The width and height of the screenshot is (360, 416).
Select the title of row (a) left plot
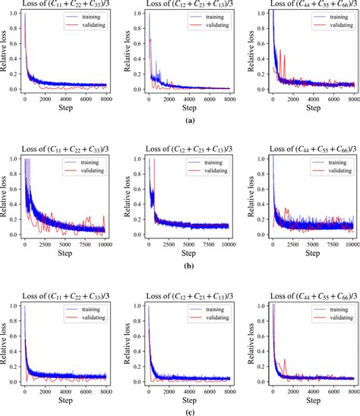[x=64, y=5]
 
